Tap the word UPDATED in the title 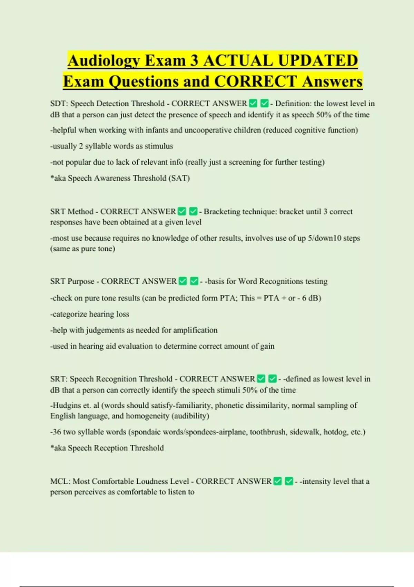click(x=318, y=61)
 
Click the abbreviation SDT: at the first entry click(x=59, y=104)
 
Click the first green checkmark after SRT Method click(x=182, y=211)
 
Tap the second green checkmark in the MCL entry click(x=289, y=481)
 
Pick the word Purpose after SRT click(x=81, y=281)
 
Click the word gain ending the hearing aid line click(x=267, y=346)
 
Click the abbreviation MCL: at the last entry click(x=60, y=481)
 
